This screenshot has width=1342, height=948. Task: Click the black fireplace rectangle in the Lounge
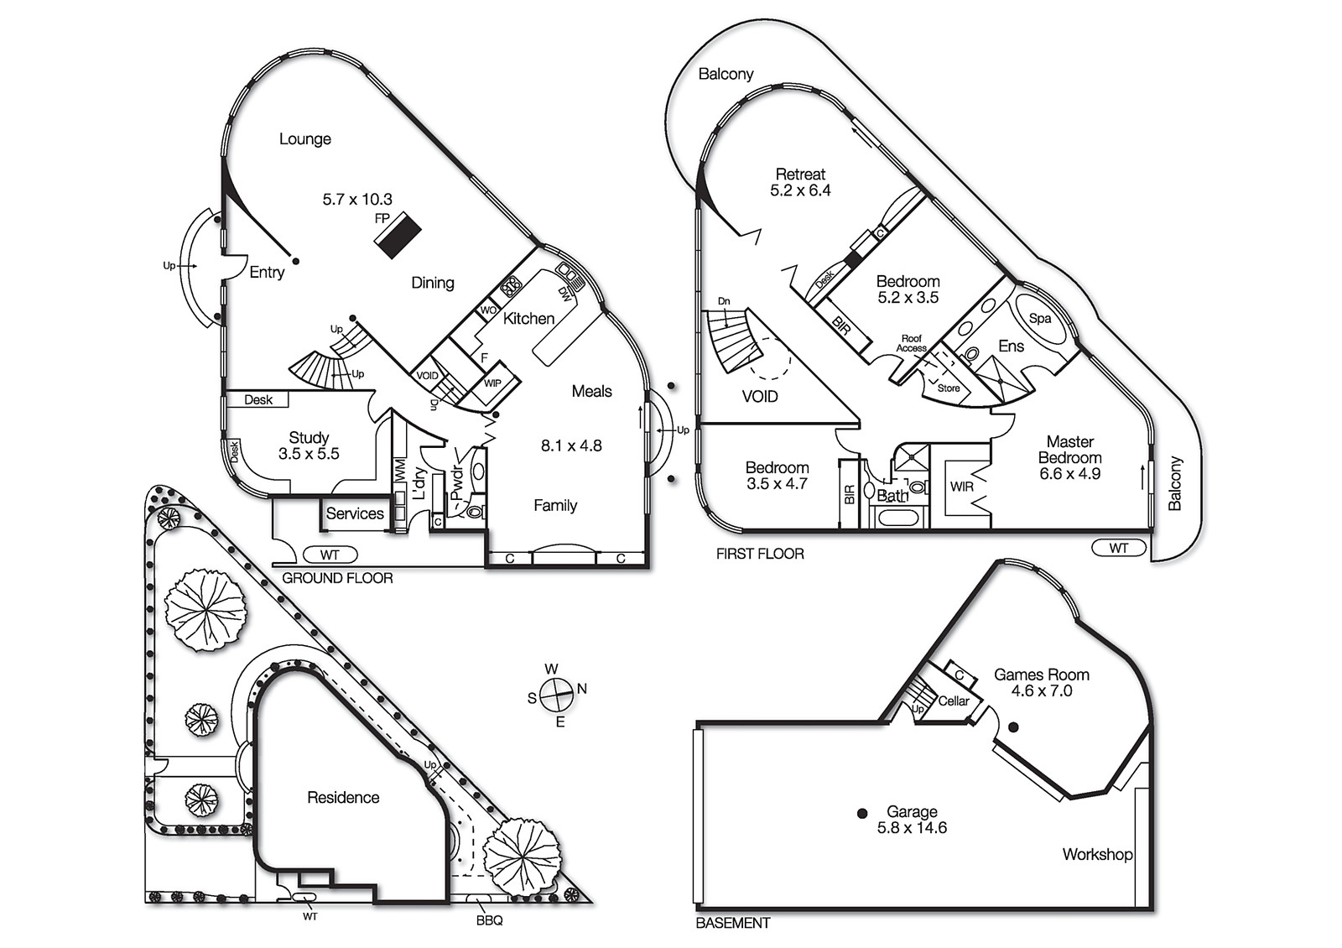397,235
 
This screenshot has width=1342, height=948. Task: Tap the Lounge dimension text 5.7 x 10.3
357,200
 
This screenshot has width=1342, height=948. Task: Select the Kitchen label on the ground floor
528,319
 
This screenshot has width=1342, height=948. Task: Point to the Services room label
355,513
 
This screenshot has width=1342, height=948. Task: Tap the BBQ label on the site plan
489,920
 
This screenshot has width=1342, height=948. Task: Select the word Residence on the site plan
343,798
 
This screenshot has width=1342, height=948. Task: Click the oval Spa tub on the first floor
1040,319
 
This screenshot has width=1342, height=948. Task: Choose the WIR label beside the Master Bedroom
961,487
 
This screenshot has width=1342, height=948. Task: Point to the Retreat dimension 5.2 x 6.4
800,190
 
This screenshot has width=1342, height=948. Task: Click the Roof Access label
911,343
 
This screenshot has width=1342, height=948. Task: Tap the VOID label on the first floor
760,396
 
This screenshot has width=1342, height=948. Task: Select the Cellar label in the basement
954,701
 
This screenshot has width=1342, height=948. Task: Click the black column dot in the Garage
862,813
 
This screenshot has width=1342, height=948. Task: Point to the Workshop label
1097,854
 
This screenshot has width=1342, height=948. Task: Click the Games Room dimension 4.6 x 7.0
1042,690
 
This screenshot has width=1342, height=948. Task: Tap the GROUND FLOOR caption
337,578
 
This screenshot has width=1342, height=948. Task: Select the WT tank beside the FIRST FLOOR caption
1119,548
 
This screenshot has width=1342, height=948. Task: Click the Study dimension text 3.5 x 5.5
309,454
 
